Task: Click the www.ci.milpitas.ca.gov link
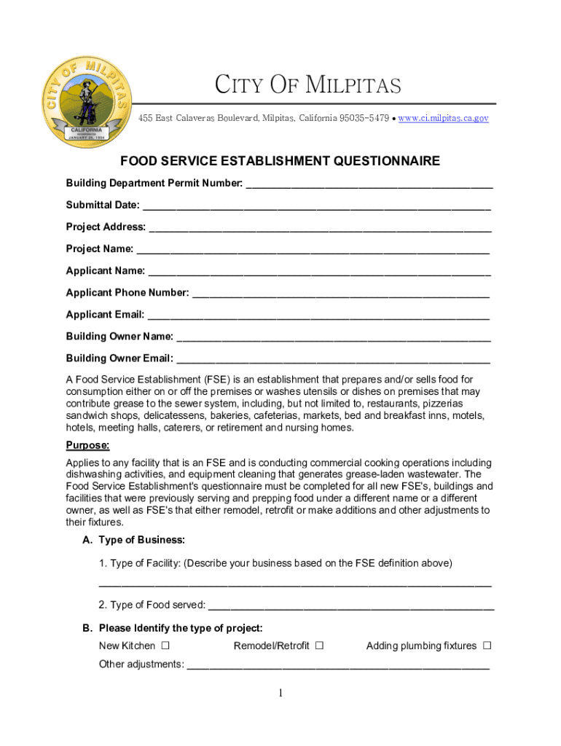(x=443, y=118)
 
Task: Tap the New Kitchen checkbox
(x=165, y=645)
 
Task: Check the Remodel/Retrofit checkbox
(x=320, y=645)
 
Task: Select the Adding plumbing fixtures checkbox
(x=487, y=645)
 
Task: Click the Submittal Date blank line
(x=316, y=207)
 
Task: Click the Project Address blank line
(x=320, y=229)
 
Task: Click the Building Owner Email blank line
(x=333, y=360)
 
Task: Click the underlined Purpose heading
(x=87, y=445)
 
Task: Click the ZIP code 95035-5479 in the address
(x=363, y=118)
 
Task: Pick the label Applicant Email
(x=105, y=315)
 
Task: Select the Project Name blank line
(x=313, y=251)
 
